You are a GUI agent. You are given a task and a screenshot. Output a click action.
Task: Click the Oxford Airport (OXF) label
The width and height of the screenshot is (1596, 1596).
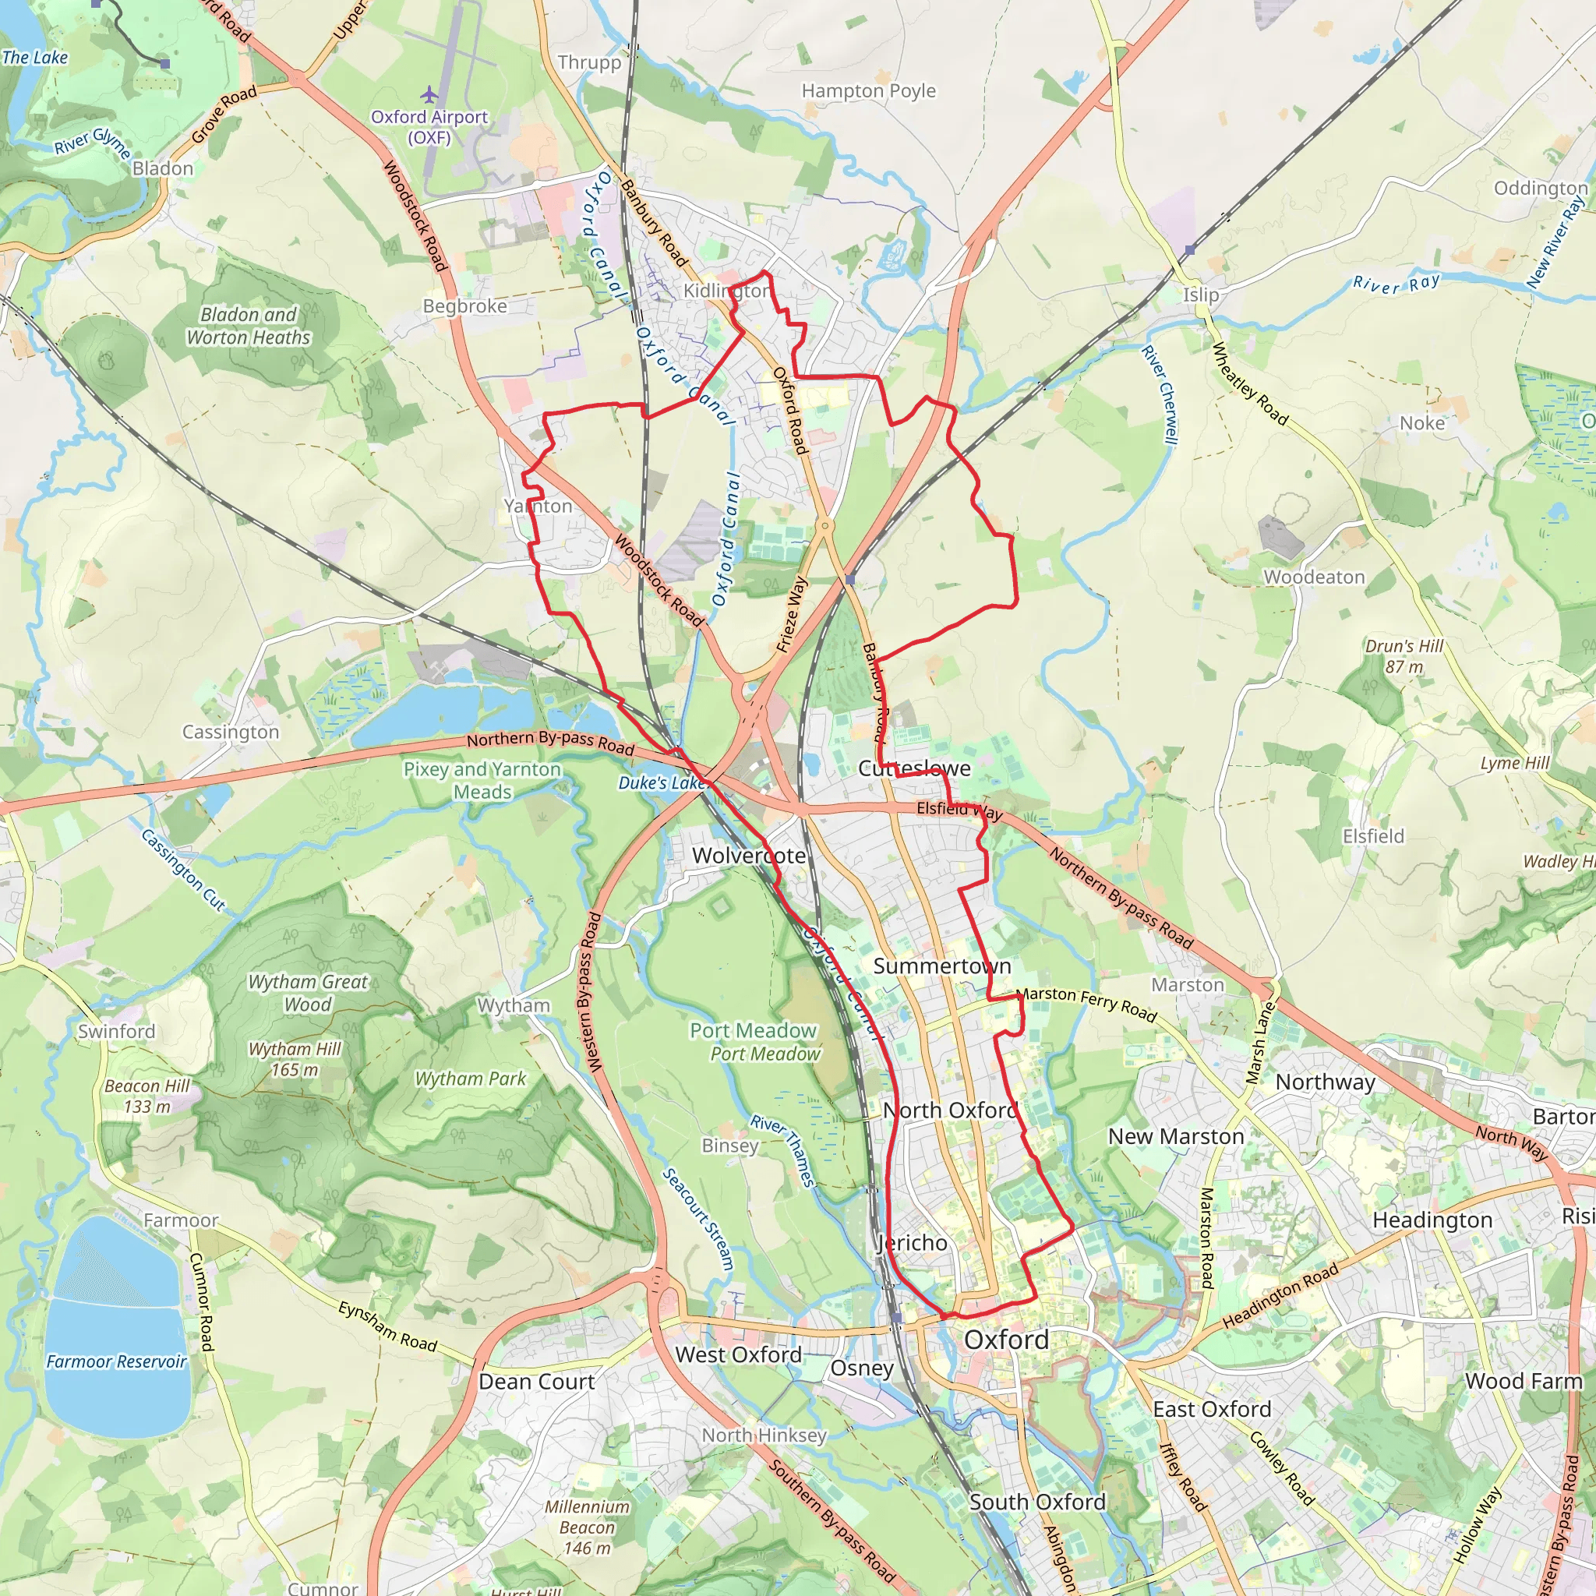tap(429, 127)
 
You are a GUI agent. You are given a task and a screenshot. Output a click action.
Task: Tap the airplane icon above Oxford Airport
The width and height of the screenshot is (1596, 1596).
tap(429, 94)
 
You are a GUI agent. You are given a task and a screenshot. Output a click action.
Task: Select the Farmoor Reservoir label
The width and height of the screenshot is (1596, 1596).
tap(116, 1361)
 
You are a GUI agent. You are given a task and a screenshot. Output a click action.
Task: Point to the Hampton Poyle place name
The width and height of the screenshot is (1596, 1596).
tap(869, 91)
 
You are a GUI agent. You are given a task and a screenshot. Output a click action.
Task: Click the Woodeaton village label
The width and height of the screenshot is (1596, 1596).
tap(1315, 577)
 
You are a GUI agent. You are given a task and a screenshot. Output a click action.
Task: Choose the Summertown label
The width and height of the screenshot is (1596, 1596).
tap(941, 966)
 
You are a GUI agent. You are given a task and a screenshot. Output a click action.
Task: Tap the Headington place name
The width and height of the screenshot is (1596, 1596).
tap(1432, 1221)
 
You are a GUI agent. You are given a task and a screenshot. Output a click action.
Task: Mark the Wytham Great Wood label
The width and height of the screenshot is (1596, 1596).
tap(308, 993)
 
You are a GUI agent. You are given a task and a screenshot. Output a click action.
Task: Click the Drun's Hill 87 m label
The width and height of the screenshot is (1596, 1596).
tap(1404, 656)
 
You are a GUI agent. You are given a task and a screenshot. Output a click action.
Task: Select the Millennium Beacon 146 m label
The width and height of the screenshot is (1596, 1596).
tap(587, 1527)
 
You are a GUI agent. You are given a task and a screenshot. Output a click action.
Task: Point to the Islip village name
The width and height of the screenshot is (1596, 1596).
tap(1200, 295)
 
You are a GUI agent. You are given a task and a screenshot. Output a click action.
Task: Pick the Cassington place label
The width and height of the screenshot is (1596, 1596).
tap(231, 732)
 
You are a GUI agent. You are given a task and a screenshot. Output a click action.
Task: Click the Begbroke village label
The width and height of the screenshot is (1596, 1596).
tap(464, 306)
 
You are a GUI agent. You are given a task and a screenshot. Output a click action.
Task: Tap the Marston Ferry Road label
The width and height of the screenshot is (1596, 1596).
tap(1086, 1004)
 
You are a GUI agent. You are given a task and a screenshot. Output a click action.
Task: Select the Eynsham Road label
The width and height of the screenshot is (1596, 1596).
tap(387, 1326)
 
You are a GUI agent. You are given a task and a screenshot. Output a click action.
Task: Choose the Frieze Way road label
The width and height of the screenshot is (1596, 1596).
tap(792, 615)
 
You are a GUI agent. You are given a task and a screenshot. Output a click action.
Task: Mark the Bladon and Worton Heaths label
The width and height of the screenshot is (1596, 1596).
tap(249, 327)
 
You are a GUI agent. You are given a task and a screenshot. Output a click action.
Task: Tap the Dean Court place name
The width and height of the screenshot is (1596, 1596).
tap(536, 1382)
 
